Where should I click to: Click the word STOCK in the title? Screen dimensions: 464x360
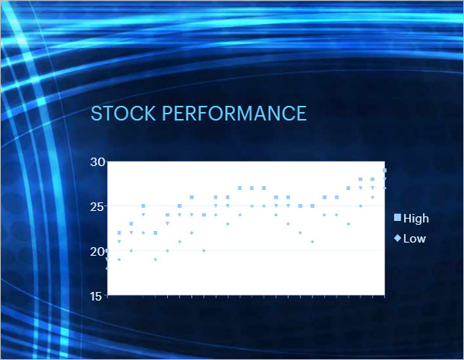coord(123,114)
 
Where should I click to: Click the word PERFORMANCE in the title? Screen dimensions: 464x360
coord(234,114)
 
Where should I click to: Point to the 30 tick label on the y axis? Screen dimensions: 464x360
coord(97,162)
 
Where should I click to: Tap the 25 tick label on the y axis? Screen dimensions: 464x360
coord(97,207)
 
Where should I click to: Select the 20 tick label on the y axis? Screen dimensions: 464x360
coord(97,252)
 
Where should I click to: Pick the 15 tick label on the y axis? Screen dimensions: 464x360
coord(97,297)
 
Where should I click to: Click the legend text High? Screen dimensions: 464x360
coord(416,219)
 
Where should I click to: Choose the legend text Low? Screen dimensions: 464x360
coord(415,239)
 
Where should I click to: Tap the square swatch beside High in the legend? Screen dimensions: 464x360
coord(397,218)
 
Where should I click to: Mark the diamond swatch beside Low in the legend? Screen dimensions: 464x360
coord(397,238)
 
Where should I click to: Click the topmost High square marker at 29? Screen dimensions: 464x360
coord(384,170)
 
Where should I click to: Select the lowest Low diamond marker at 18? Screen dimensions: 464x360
coord(107,268)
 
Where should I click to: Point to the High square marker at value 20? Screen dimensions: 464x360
coord(107,250)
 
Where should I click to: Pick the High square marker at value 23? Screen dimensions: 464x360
coord(131,224)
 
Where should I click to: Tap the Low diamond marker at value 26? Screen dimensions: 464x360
coord(373,197)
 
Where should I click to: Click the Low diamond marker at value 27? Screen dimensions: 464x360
coord(384,188)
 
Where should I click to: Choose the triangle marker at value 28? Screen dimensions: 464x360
coord(384,179)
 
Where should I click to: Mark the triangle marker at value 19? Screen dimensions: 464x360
coord(107,260)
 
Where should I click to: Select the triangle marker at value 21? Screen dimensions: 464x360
coord(119,242)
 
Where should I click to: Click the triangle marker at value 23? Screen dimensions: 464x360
coord(168,224)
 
